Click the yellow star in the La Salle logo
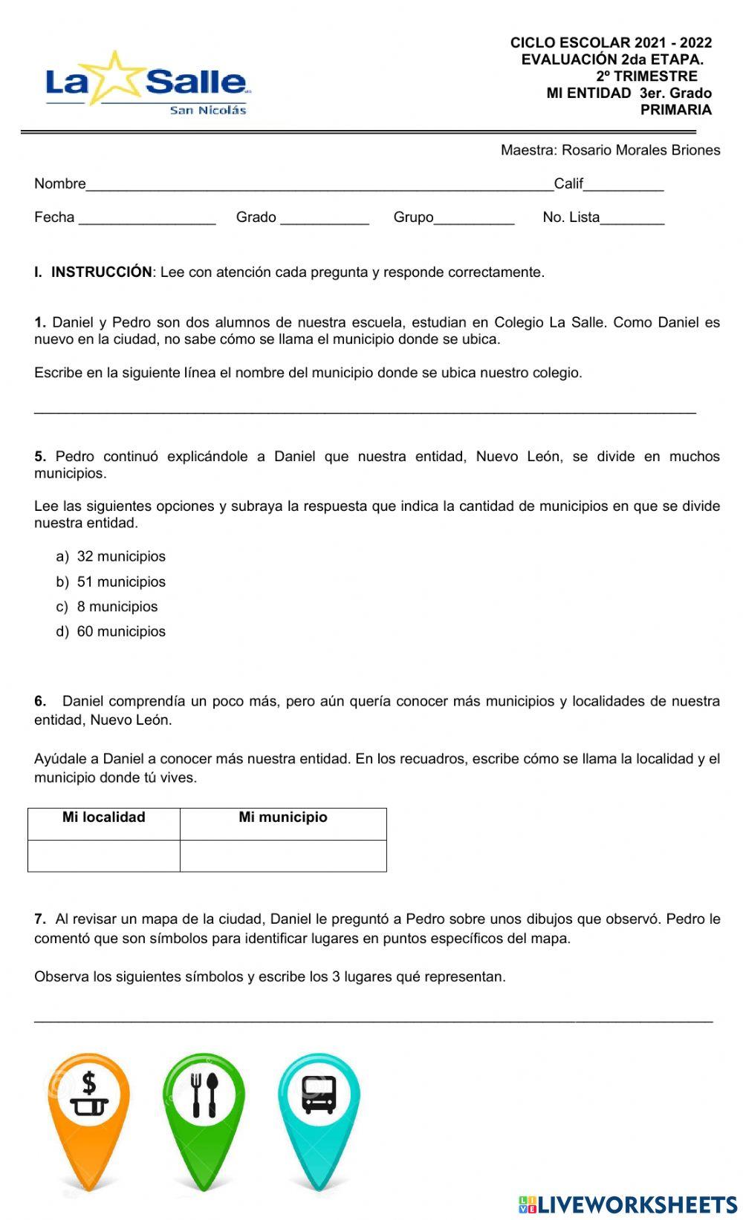click(x=117, y=77)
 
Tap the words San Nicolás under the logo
click(x=208, y=111)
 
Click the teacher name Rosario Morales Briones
click(x=640, y=151)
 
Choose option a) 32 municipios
click(x=111, y=557)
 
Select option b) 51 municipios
click(x=111, y=582)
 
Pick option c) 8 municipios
click(x=108, y=607)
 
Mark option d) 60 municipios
click(x=111, y=632)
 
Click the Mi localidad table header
click(x=104, y=818)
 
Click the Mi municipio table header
click(x=283, y=818)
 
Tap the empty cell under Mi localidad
click(x=104, y=855)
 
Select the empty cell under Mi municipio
click(x=283, y=855)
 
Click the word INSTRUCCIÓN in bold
click(x=101, y=273)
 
